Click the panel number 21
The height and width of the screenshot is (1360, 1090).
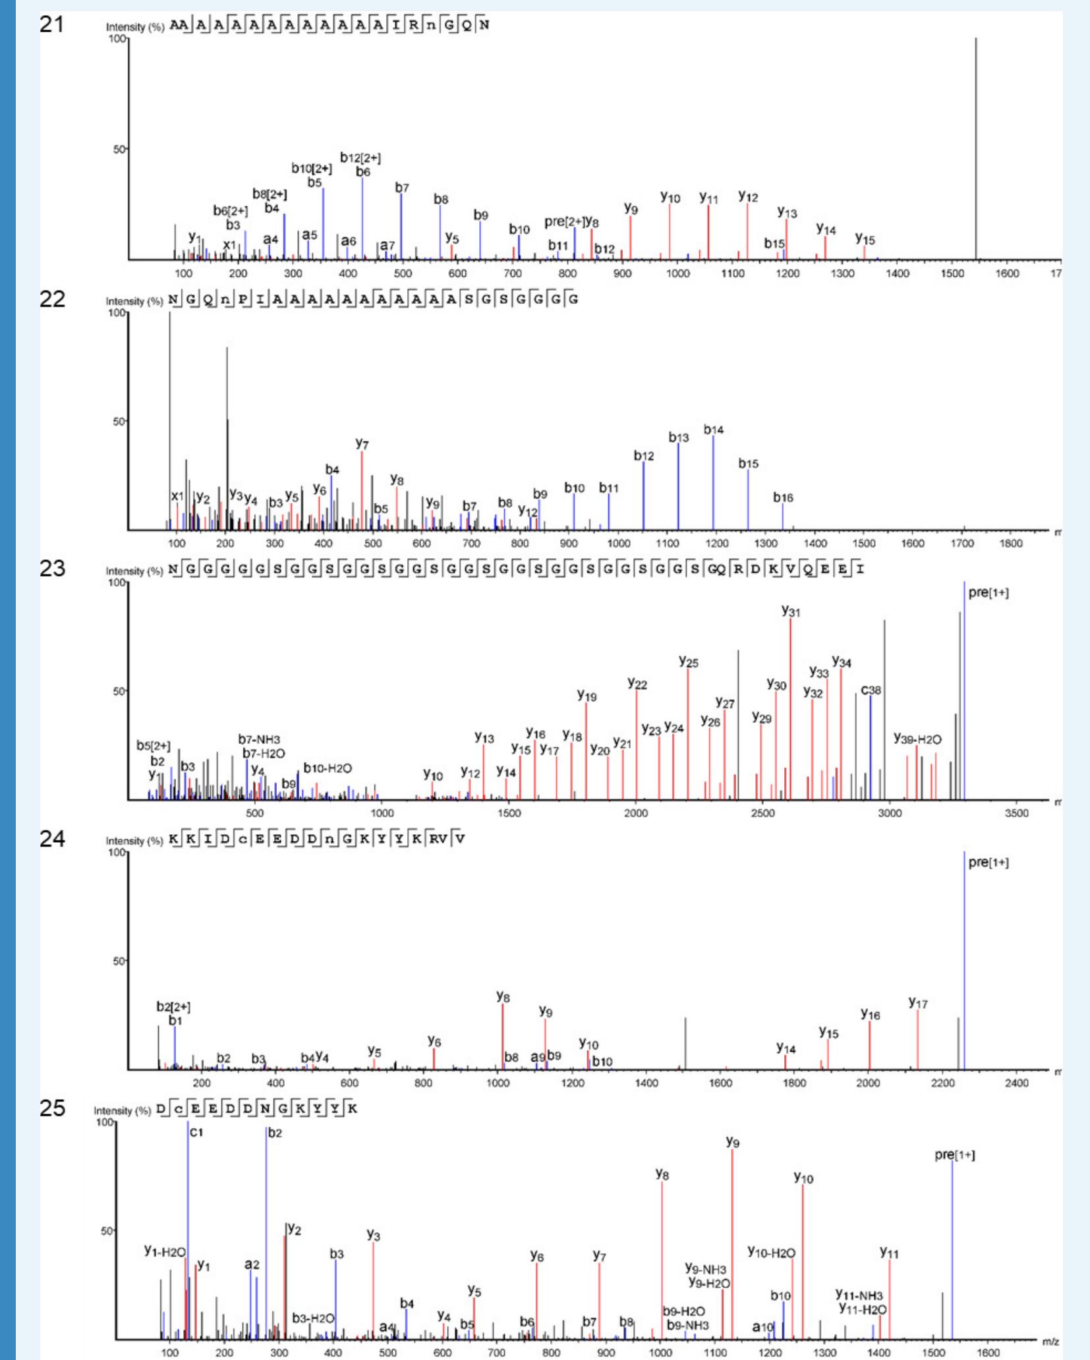pos(52,24)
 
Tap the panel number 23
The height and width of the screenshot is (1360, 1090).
pos(52,568)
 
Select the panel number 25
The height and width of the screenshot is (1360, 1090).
pos(52,1108)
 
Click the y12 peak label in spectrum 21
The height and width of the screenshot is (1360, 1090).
pos(748,196)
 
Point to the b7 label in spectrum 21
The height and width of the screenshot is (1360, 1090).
pos(402,188)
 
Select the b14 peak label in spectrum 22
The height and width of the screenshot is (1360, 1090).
pos(713,430)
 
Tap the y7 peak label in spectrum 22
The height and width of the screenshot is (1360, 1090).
pos(362,443)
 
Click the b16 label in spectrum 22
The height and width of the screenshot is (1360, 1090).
pos(783,497)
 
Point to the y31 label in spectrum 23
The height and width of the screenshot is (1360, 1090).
pos(791,611)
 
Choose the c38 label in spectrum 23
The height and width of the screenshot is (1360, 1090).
pos(871,691)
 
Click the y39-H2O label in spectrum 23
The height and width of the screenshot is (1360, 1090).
pos(917,739)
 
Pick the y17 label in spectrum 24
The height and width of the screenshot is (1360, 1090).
pos(917,1004)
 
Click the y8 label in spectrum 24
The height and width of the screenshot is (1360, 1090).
pos(503,997)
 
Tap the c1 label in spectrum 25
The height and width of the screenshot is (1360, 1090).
pos(196,1132)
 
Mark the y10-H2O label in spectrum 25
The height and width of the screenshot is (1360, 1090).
pos(771,1253)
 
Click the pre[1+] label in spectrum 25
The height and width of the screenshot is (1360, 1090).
pos(954,1155)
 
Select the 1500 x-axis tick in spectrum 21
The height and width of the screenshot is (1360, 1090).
pos(952,273)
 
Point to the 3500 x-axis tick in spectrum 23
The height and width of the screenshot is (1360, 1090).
pos(1016,813)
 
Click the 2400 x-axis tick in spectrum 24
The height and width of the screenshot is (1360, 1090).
pos(1016,1083)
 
